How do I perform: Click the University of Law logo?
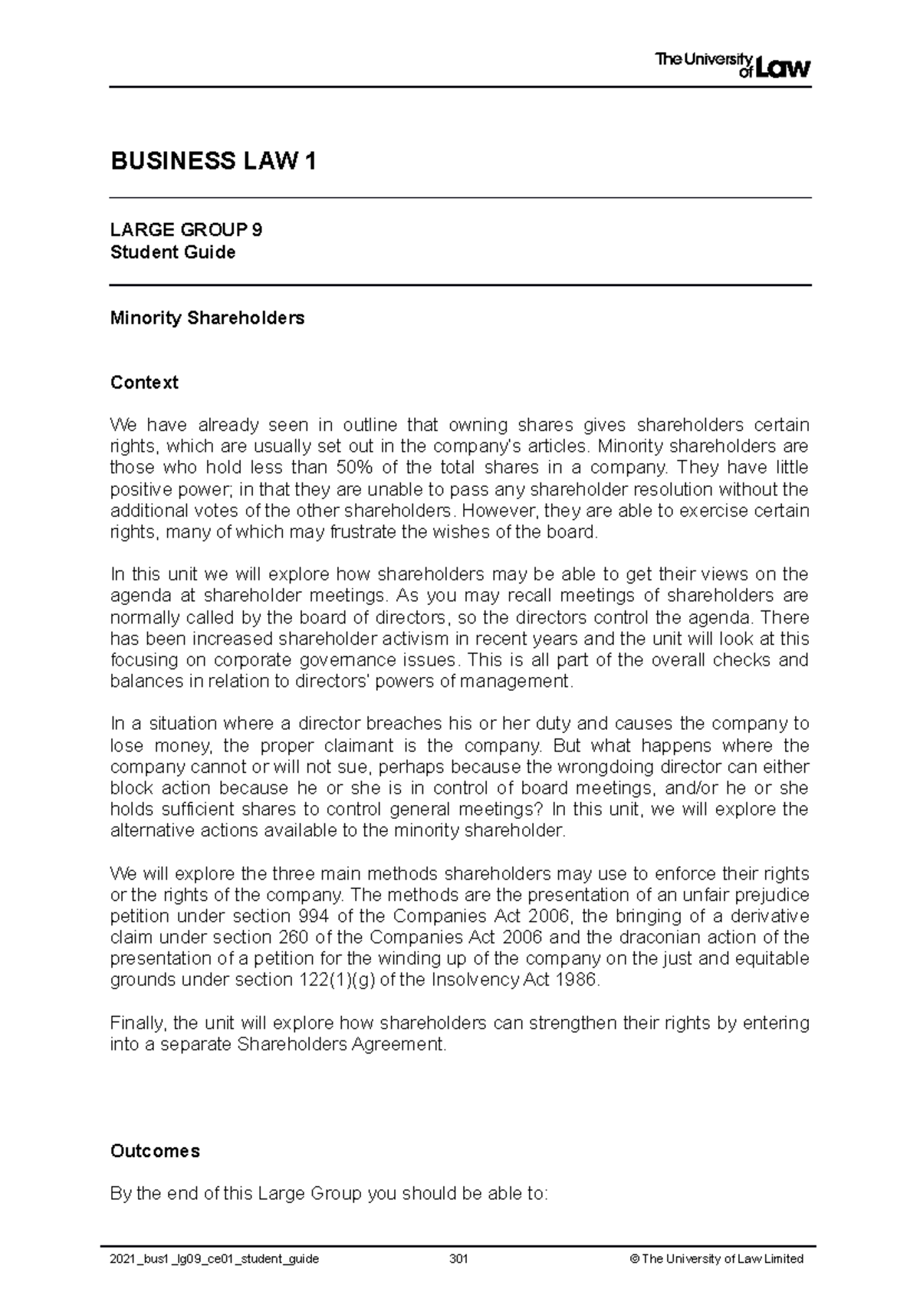[x=732, y=64]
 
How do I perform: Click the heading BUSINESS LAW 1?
[x=213, y=162]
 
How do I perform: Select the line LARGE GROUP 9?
[x=186, y=230]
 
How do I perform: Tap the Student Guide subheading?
[x=172, y=252]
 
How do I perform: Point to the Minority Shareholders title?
[x=207, y=317]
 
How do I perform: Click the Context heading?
[x=144, y=382]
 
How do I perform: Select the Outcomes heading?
[x=155, y=1151]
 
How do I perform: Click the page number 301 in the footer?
[x=459, y=1259]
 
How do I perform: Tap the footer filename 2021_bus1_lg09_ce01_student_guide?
[x=215, y=1259]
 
